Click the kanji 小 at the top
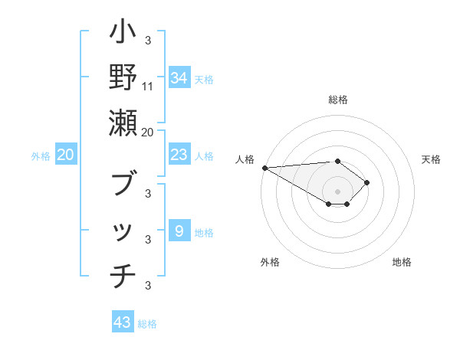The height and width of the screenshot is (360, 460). pos(123,34)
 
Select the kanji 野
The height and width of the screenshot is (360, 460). pos(123,77)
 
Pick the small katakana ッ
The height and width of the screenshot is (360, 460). pos(123,231)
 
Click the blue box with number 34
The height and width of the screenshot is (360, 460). pos(179,78)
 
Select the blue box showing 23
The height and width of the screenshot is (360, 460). pos(179,155)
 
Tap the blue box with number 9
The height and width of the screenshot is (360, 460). pos(179,231)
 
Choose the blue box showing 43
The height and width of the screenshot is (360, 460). pos(122,322)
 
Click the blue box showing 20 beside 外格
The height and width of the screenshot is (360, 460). pos(66,155)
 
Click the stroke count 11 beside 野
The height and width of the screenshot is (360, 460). pos(148,86)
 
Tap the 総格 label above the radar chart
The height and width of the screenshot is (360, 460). pos(337,100)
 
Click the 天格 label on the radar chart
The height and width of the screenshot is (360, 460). pos(431,159)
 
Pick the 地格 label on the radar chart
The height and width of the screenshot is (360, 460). pos(402,262)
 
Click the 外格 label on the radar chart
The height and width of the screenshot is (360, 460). pos(270,262)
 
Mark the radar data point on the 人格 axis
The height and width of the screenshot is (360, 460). pos(264,168)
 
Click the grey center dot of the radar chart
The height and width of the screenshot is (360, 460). pos(337,191)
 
